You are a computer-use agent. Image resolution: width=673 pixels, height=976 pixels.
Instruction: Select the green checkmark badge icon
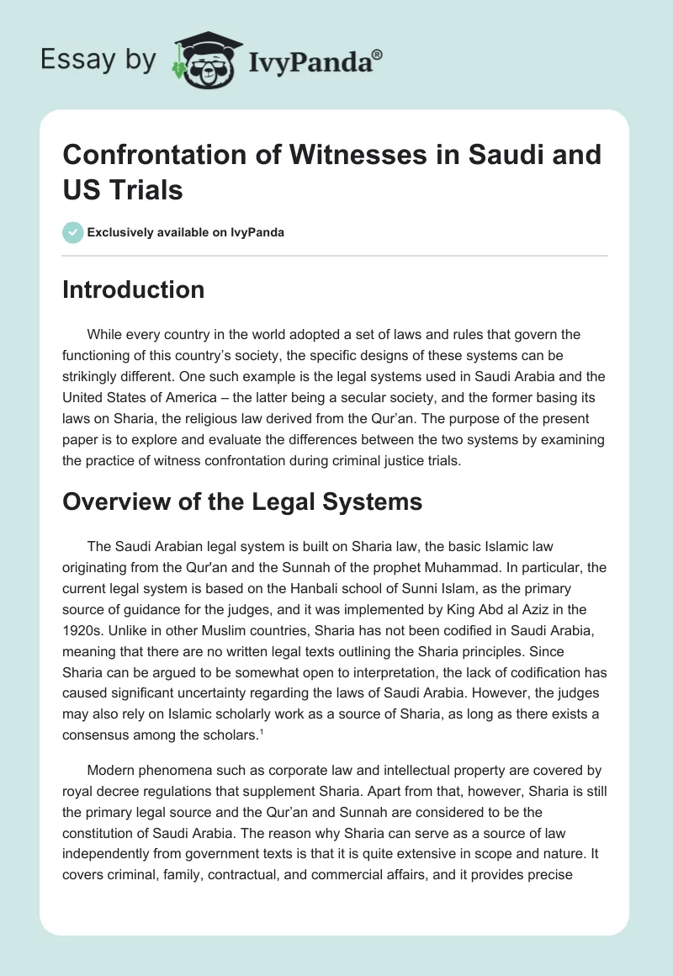(x=72, y=233)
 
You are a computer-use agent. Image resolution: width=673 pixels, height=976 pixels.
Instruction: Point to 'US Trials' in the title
(x=123, y=189)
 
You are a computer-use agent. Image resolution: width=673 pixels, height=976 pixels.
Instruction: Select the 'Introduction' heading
(x=134, y=289)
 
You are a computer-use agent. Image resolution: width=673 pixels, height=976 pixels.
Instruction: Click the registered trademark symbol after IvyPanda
(x=378, y=52)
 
